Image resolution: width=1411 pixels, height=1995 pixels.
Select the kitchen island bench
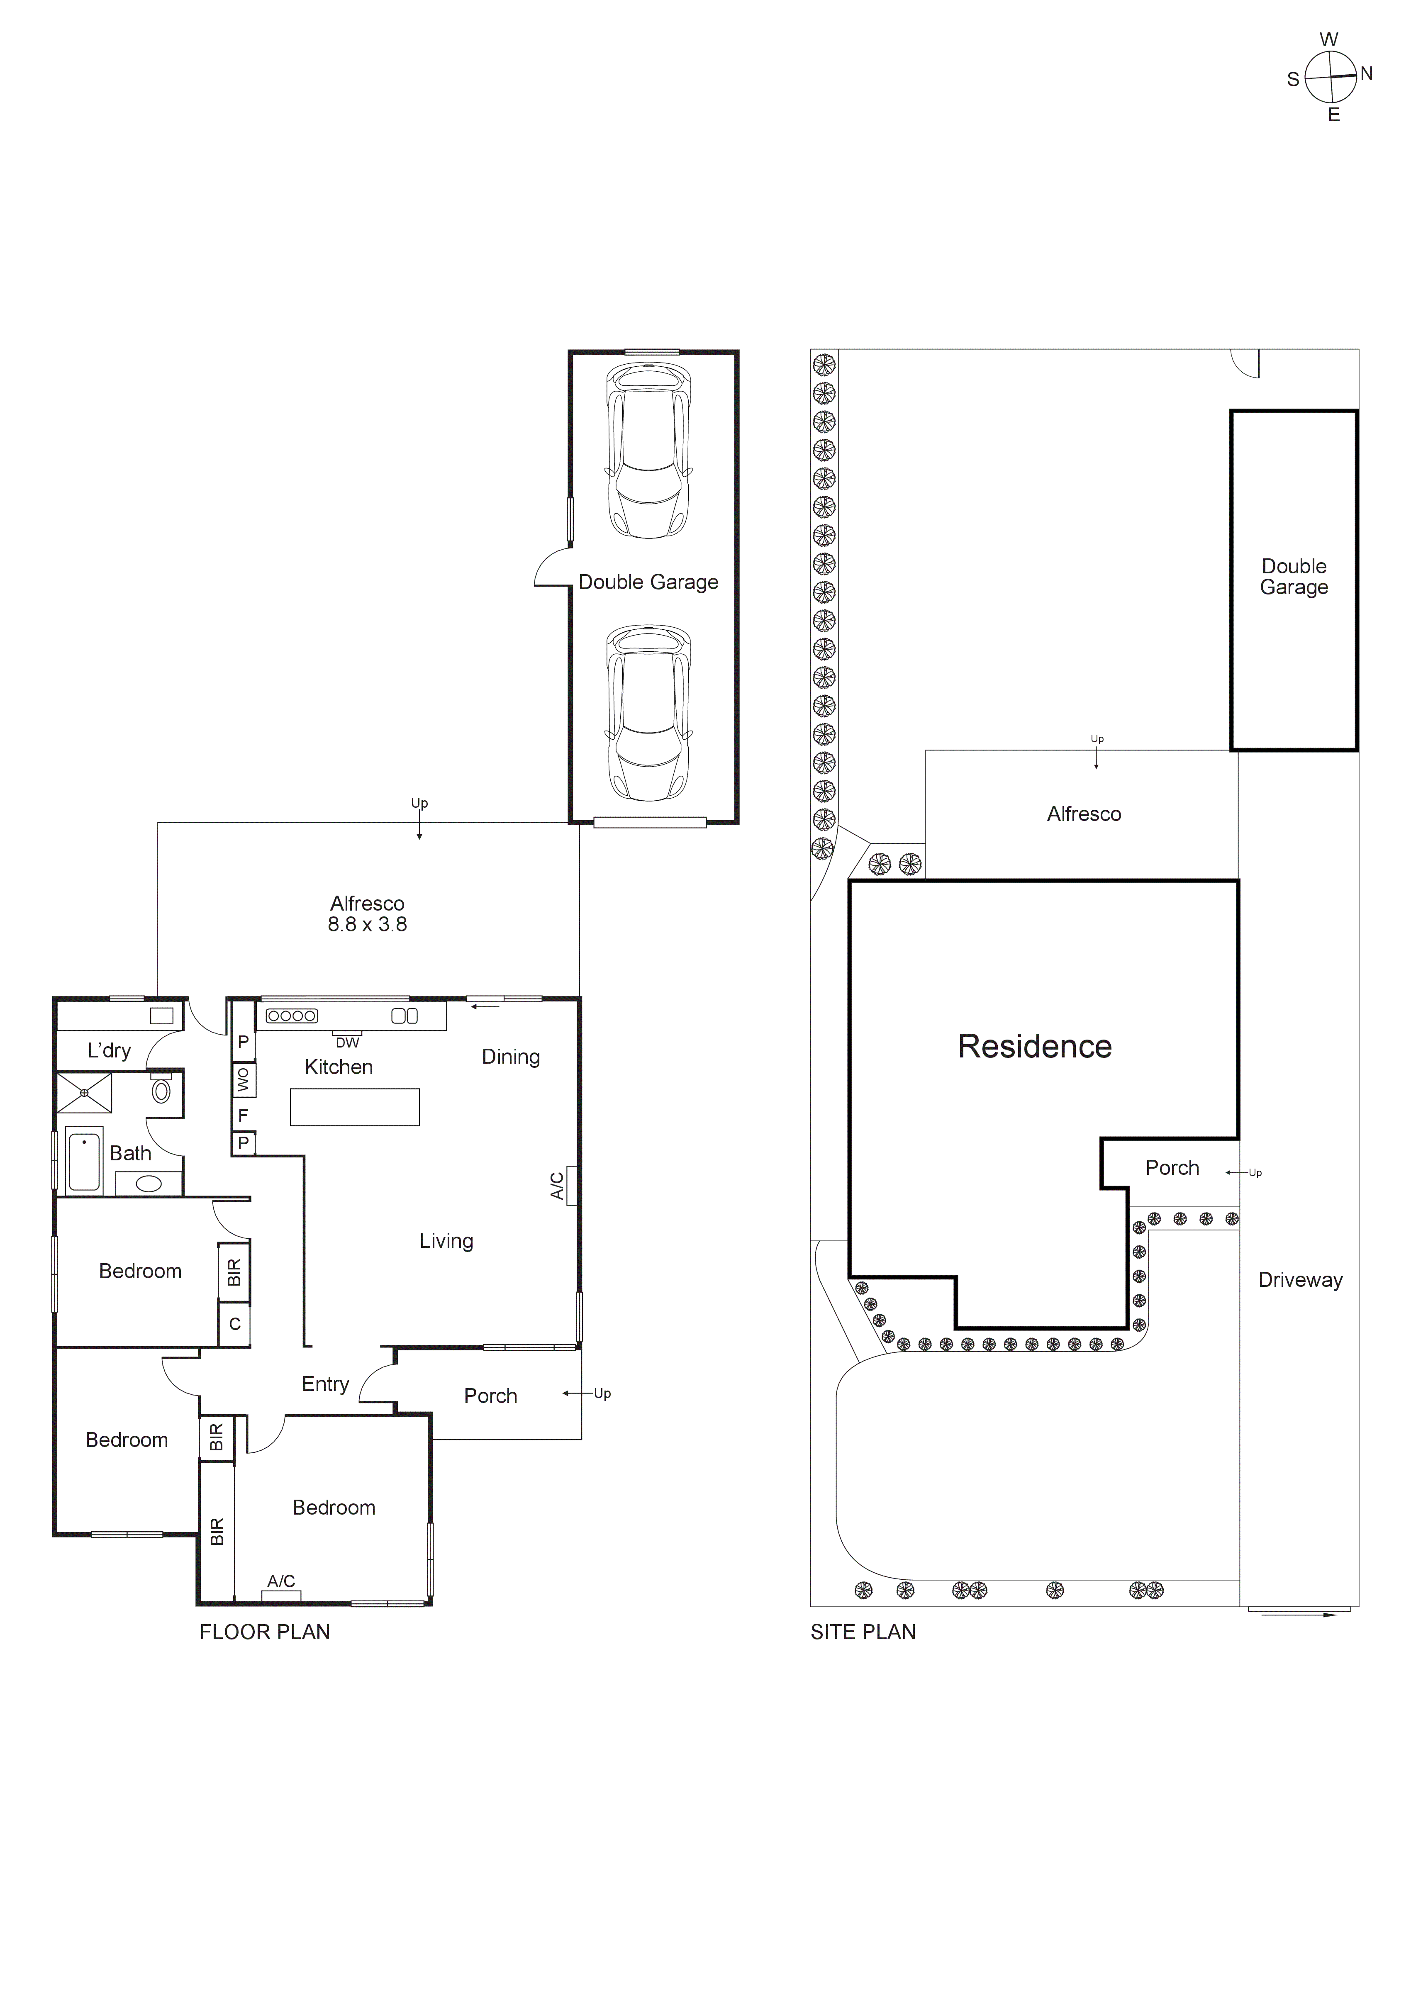354,1107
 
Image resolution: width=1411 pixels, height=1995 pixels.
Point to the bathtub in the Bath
84,1160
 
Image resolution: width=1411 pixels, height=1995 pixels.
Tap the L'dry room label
110,1050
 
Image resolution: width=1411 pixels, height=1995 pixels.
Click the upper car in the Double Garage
649,451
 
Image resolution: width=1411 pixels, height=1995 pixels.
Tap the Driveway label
1300,1280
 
